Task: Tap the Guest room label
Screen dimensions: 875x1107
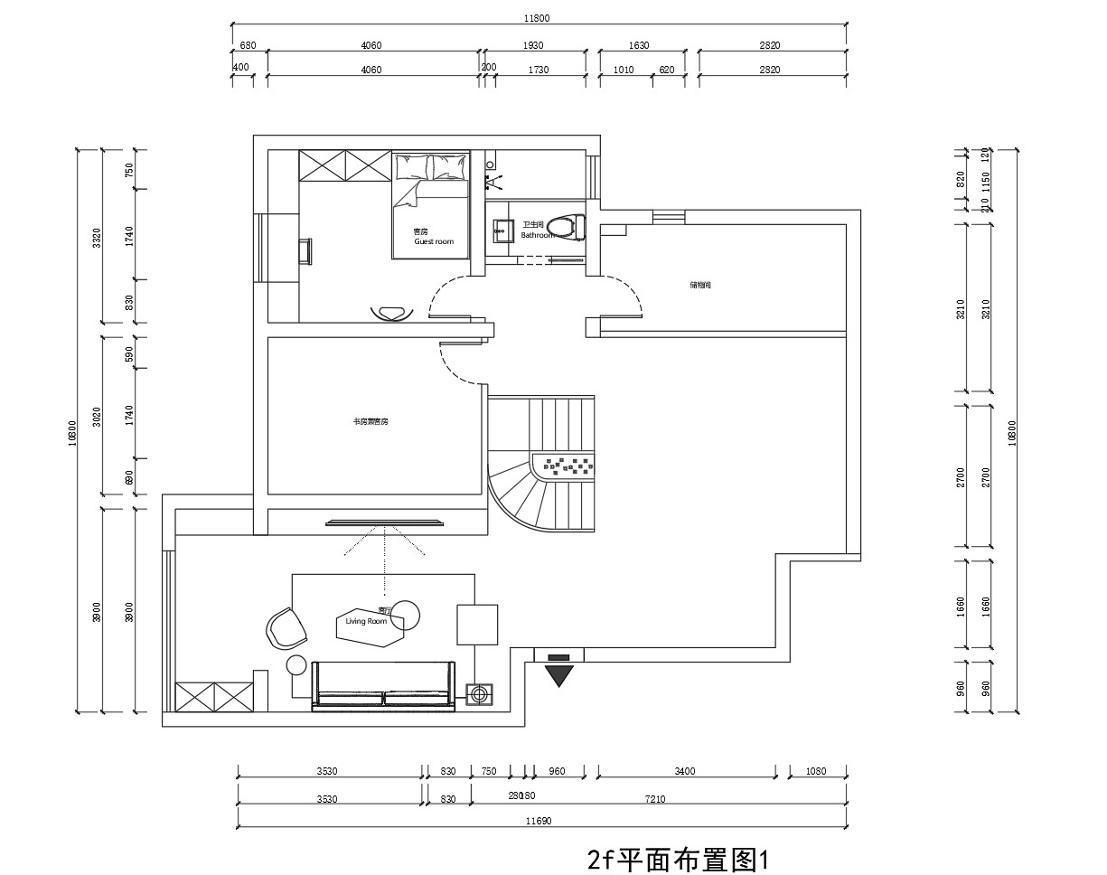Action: [434, 241]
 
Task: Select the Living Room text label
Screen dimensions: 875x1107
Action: [366, 621]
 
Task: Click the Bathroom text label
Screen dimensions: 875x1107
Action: [539, 234]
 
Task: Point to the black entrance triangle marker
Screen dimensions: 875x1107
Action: [559, 674]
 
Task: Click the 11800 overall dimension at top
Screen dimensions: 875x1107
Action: [537, 17]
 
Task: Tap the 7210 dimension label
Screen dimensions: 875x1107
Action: [654, 799]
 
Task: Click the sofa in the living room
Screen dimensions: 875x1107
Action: [383, 686]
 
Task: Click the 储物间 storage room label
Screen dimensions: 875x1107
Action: [701, 285]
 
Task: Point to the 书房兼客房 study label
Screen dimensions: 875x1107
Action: [371, 421]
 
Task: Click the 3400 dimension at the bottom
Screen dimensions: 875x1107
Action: [685, 771]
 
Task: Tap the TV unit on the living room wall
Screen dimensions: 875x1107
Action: [385, 522]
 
